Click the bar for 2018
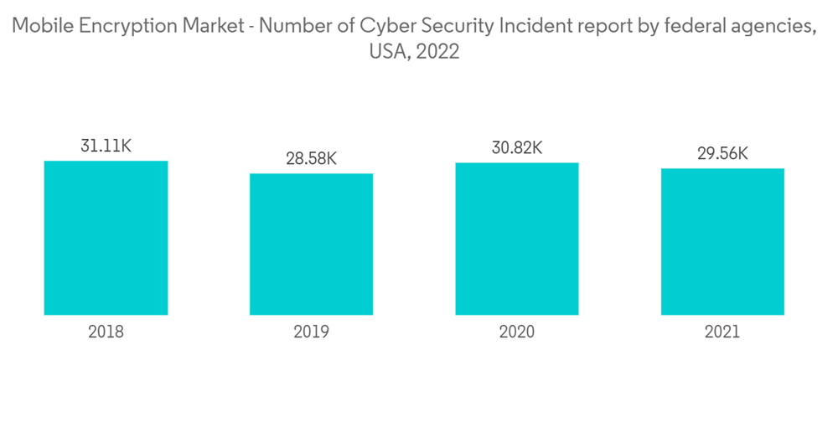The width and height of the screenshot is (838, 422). click(x=106, y=238)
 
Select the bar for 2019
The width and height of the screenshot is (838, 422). click(x=311, y=244)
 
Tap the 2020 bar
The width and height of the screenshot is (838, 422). click(x=517, y=239)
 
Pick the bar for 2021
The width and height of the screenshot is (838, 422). click(x=722, y=242)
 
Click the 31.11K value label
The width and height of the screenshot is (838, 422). click(x=106, y=146)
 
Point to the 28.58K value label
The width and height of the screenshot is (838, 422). click(x=311, y=158)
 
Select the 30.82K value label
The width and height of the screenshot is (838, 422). click(x=517, y=147)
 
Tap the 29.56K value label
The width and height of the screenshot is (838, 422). click(x=722, y=153)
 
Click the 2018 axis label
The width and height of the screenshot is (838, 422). click(x=106, y=332)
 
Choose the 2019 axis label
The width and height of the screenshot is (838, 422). click(x=311, y=332)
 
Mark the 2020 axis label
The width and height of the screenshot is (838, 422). click(x=517, y=332)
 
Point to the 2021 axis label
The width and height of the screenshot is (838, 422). click(x=722, y=332)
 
